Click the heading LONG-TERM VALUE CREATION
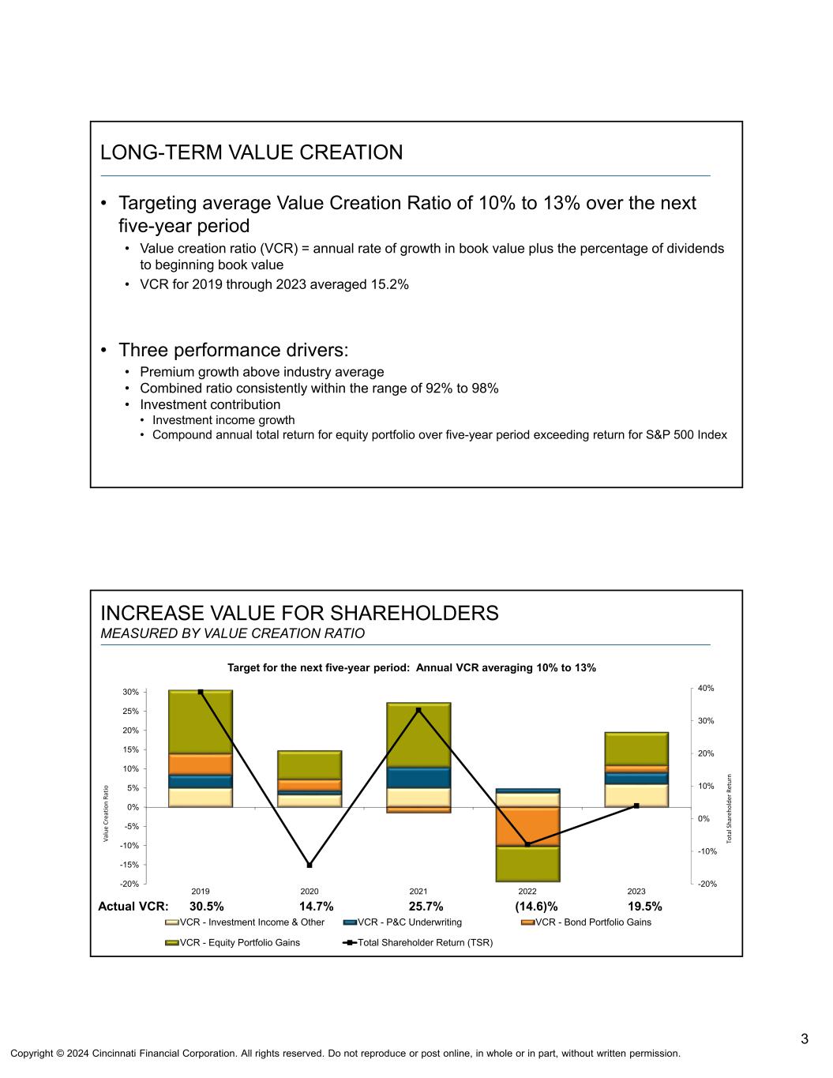coord(251,152)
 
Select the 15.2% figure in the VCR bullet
coord(391,284)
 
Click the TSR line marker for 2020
coord(310,865)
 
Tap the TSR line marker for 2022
coord(527,844)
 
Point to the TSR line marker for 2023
coord(636,806)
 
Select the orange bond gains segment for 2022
coord(527,826)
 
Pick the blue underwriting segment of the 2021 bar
coord(418,778)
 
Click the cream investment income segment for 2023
coord(636,795)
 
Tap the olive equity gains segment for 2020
coord(310,764)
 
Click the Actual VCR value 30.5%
coord(206,906)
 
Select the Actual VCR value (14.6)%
coord(536,906)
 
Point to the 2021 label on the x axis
coord(418,891)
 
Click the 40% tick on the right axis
coord(706,688)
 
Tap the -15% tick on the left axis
coord(130,865)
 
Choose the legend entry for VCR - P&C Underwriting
coord(409,922)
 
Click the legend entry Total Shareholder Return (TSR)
coord(425,942)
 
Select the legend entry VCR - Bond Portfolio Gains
coord(593,922)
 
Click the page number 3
coord(804,1039)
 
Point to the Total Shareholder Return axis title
coord(730,808)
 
